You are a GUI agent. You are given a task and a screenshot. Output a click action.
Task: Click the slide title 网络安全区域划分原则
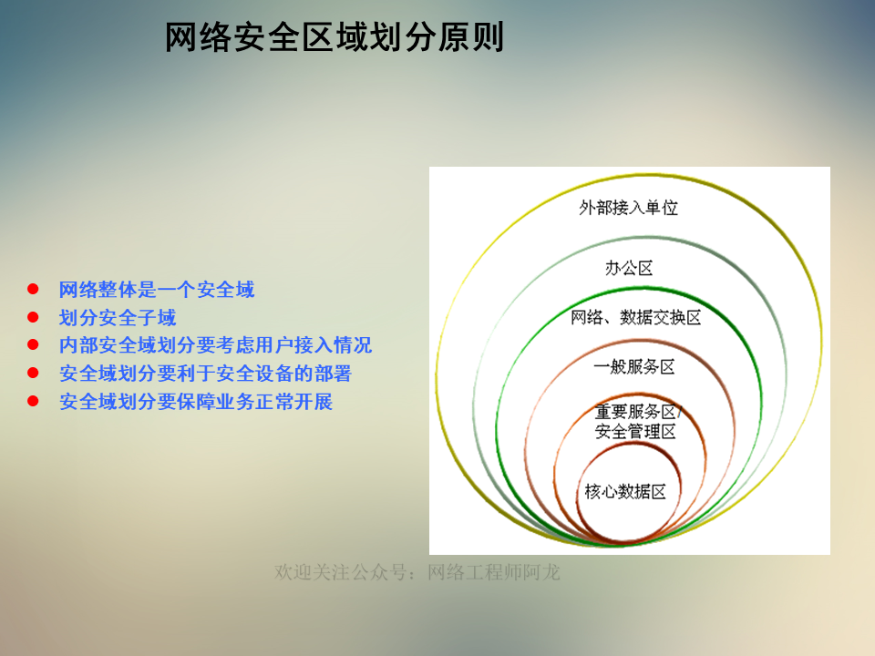pyautogui.click(x=335, y=38)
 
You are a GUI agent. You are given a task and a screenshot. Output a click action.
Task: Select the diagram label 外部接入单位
pyautogui.click(x=629, y=208)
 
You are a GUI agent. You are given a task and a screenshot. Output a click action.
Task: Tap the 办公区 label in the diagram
pyautogui.click(x=629, y=268)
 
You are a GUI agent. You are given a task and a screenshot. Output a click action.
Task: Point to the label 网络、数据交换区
pyautogui.click(x=635, y=317)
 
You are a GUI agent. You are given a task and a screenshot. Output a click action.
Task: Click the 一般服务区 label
pyautogui.click(x=634, y=366)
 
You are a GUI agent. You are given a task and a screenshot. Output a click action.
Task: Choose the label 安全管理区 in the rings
pyautogui.click(x=635, y=432)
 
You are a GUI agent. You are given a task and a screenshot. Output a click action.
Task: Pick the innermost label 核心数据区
pyautogui.click(x=625, y=492)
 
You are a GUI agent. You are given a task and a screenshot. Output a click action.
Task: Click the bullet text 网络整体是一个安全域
pyautogui.click(x=157, y=290)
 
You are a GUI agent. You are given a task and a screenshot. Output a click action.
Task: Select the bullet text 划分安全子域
pyautogui.click(x=118, y=318)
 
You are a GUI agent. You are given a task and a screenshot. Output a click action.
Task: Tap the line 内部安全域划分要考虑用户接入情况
pyautogui.click(x=215, y=345)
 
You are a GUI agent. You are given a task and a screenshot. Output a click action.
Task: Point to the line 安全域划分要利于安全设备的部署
pyautogui.click(x=205, y=374)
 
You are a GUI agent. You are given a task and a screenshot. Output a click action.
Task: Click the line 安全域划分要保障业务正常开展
pyautogui.click(x=196, y=401)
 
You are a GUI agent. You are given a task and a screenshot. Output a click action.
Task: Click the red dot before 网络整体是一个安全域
pyautogui.click(x=33, y=290)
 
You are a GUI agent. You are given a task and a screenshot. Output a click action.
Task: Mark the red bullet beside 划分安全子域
pyautogui.click(x=33, y=317)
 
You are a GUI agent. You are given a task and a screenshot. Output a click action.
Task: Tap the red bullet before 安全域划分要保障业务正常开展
pyautogui.click(x=33, y=400)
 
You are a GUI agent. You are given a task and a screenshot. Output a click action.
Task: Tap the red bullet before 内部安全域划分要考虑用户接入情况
pyautogui.click(x=33, y=344)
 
